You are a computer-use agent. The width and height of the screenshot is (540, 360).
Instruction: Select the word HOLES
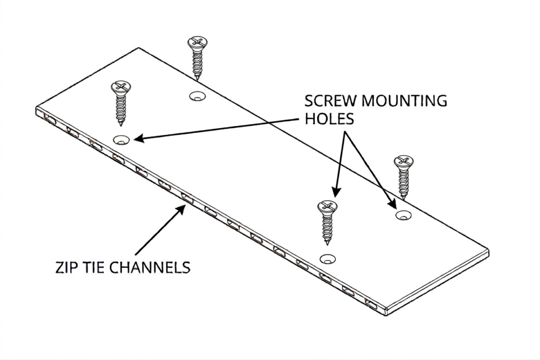(329, 119)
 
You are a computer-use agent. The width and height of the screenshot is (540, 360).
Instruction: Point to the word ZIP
(66, 267)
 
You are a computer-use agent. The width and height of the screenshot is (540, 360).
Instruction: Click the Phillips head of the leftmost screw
(121, 86)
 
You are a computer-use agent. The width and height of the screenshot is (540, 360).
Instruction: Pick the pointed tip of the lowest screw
(329, 243)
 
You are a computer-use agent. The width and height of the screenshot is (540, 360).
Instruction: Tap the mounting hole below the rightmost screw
(404, 215)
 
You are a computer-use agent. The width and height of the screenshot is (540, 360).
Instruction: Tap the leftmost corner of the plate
(36, 111)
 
